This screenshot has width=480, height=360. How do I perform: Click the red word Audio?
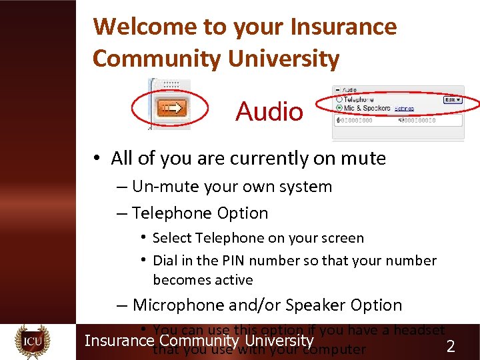269,111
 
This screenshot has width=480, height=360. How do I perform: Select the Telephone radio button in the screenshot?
339,99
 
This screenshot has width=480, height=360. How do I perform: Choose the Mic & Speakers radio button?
339,107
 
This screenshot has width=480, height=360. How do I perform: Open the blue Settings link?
404,108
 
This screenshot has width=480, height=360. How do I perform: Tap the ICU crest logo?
33,341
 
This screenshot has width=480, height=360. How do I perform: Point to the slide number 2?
451,346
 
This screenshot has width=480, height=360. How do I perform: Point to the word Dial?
166,261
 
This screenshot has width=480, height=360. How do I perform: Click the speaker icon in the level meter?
400,121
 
